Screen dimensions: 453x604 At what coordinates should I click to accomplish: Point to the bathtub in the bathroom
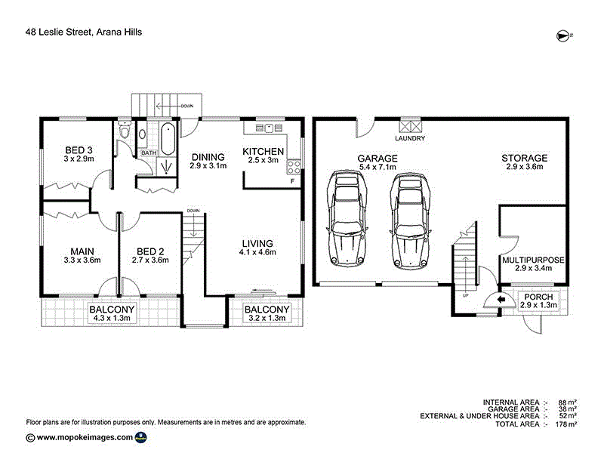pos(168,138)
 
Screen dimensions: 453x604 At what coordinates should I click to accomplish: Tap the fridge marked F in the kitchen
pos(293,182)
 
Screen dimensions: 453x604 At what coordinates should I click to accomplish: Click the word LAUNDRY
pos(410,139)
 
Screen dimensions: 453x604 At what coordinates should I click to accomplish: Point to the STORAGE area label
pos(524,158)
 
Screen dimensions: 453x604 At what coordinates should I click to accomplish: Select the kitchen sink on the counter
pos(268,127)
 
